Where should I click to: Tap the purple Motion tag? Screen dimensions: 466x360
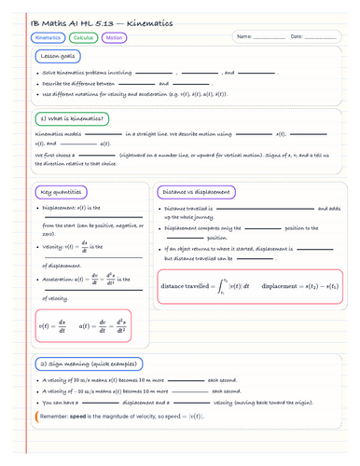114,38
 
